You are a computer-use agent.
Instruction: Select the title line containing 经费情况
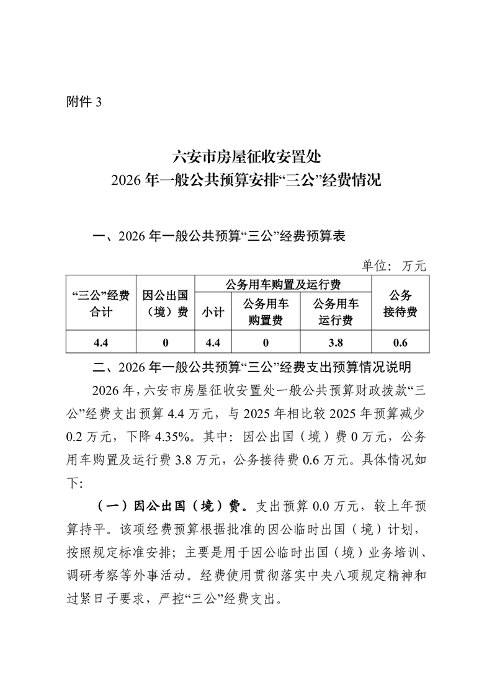(x=246, y=181)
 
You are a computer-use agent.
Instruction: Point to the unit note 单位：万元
(x=394, y=265)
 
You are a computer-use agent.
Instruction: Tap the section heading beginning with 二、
(x=251, y=367)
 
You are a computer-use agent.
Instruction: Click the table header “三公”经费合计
(x=101, y=303)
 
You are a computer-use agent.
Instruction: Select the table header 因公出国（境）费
(x=165, y=303)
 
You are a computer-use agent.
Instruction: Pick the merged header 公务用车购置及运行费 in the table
(x=283, y=285)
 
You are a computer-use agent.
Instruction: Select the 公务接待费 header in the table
(x=399, y=303)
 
